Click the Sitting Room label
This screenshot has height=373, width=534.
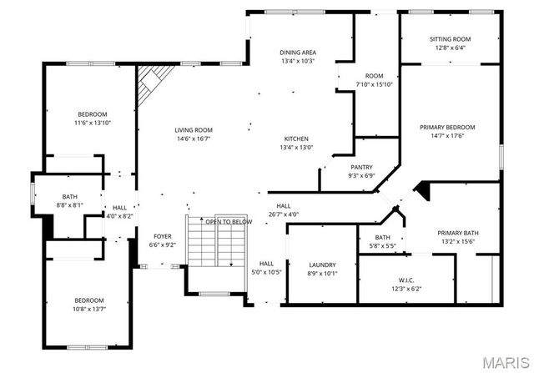tap(450, 39)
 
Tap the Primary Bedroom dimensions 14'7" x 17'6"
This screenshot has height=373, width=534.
tap(447, 136)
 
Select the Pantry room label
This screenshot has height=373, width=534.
tap(361, 167)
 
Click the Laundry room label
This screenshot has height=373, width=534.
tap(322, 265)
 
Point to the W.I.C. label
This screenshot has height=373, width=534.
tap(406, 280)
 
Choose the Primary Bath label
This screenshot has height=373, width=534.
tap(458, 233)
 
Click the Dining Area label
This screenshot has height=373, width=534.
tap(298, 53)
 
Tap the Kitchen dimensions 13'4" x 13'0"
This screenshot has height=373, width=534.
tap(296, 148)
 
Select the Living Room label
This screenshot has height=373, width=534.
tap(194, 130)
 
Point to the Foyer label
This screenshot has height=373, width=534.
tap(163, 236)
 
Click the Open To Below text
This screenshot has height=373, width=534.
tap(229, 222)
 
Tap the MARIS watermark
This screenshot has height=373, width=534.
tap(506, 363)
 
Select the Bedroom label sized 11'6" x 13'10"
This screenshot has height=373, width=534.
tap(93, 114)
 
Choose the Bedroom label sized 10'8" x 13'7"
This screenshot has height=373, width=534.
tap(89, 300)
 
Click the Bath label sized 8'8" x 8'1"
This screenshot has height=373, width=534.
tap(69, 197)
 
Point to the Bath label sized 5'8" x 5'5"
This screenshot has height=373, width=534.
tap(382, 238)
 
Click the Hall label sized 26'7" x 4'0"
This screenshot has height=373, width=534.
tap(284, 206)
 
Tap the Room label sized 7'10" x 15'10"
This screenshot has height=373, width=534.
tap(374, 76)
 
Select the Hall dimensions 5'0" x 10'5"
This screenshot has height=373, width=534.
tap(266, 272)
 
